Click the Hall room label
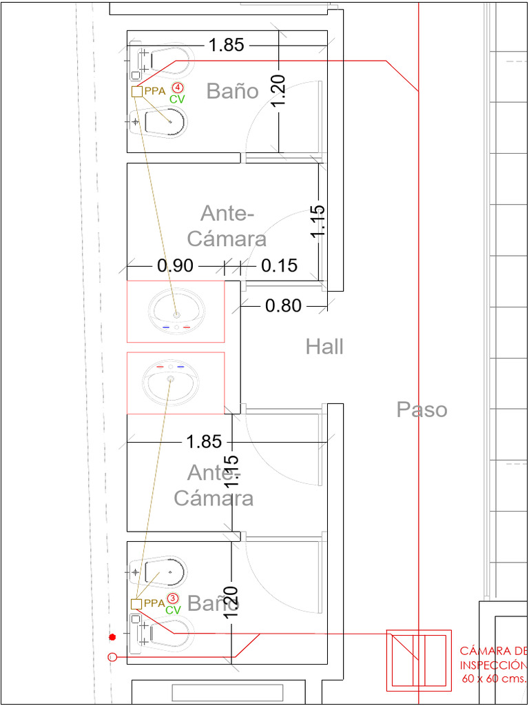(325, 347)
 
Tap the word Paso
(422, 410)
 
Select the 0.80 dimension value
(282, 306)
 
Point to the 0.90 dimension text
(175, 266)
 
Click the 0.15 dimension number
(280, 265)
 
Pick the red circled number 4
(178, 87)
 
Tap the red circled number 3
(172, 598)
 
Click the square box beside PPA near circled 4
(137, 92)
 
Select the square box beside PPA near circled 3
(136, 604)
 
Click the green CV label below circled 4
(177, 99)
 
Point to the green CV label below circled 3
(173, 611)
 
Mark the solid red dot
(112, 637)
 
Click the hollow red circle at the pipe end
(112, 657)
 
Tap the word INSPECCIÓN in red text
(493, 665)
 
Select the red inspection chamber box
(419, 660)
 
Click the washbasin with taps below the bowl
(176, 312)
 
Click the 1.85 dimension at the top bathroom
(226, 46)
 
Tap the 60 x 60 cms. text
(494, 678)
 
